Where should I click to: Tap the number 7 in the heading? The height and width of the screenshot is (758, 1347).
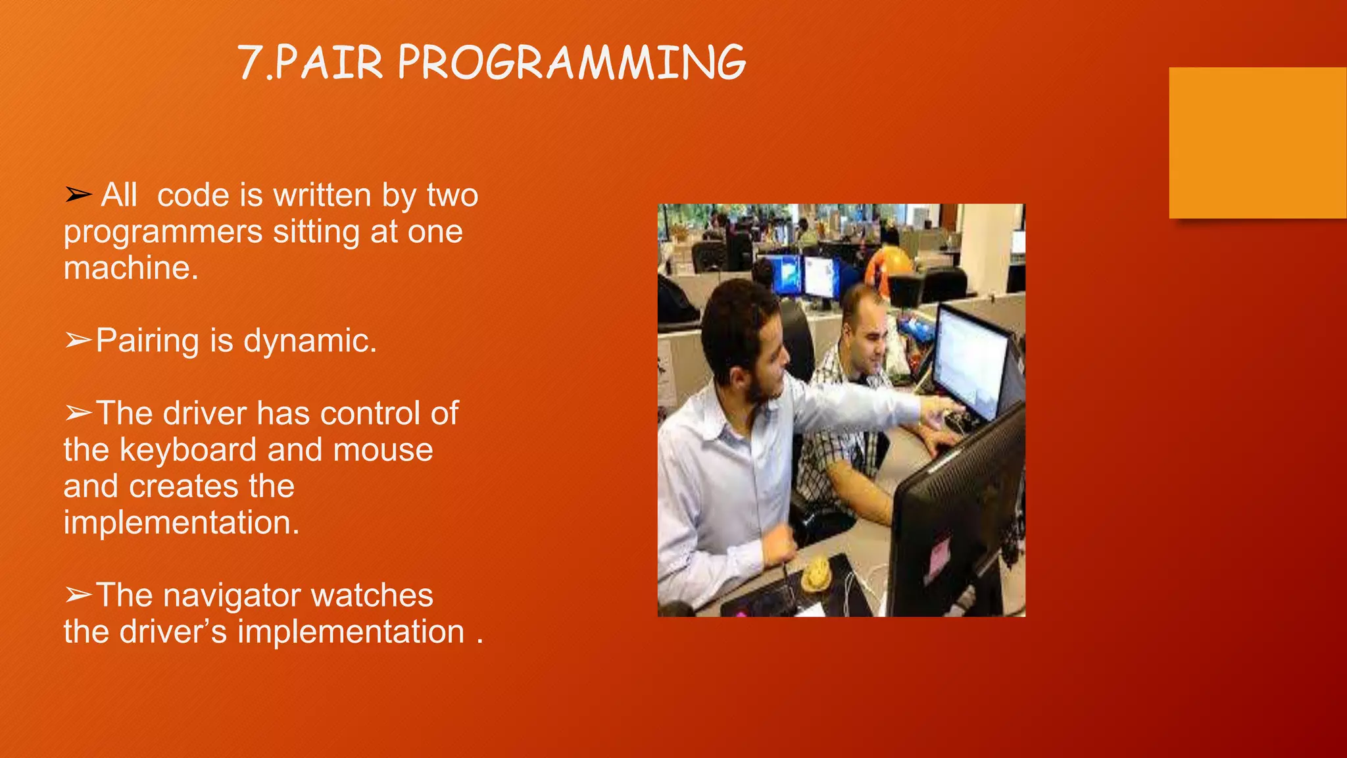pos(249,63)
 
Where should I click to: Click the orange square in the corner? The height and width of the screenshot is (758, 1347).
pos(1257,142)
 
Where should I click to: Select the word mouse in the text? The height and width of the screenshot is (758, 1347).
pos(383,450)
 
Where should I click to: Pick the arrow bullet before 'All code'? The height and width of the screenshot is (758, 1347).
pos(78,195)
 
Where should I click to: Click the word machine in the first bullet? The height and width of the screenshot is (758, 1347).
pos(130,268)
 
